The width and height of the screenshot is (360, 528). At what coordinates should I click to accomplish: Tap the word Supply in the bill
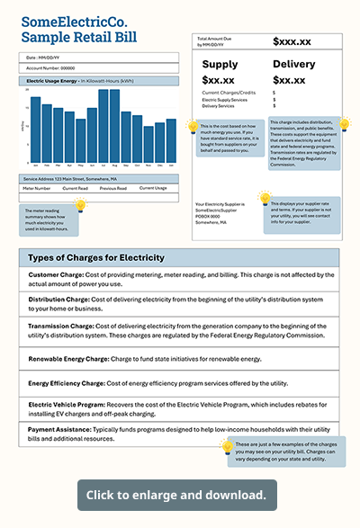[220, 64]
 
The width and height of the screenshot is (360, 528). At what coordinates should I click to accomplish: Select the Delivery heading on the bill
[295, 64]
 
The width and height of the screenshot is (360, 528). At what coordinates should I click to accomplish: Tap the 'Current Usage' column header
[154, 188]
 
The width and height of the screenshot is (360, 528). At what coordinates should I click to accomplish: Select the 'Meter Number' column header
[36, 188]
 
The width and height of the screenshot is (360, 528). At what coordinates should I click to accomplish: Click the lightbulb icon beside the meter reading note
[80, 205]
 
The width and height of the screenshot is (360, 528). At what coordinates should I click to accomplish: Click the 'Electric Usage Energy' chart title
[53, 80]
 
